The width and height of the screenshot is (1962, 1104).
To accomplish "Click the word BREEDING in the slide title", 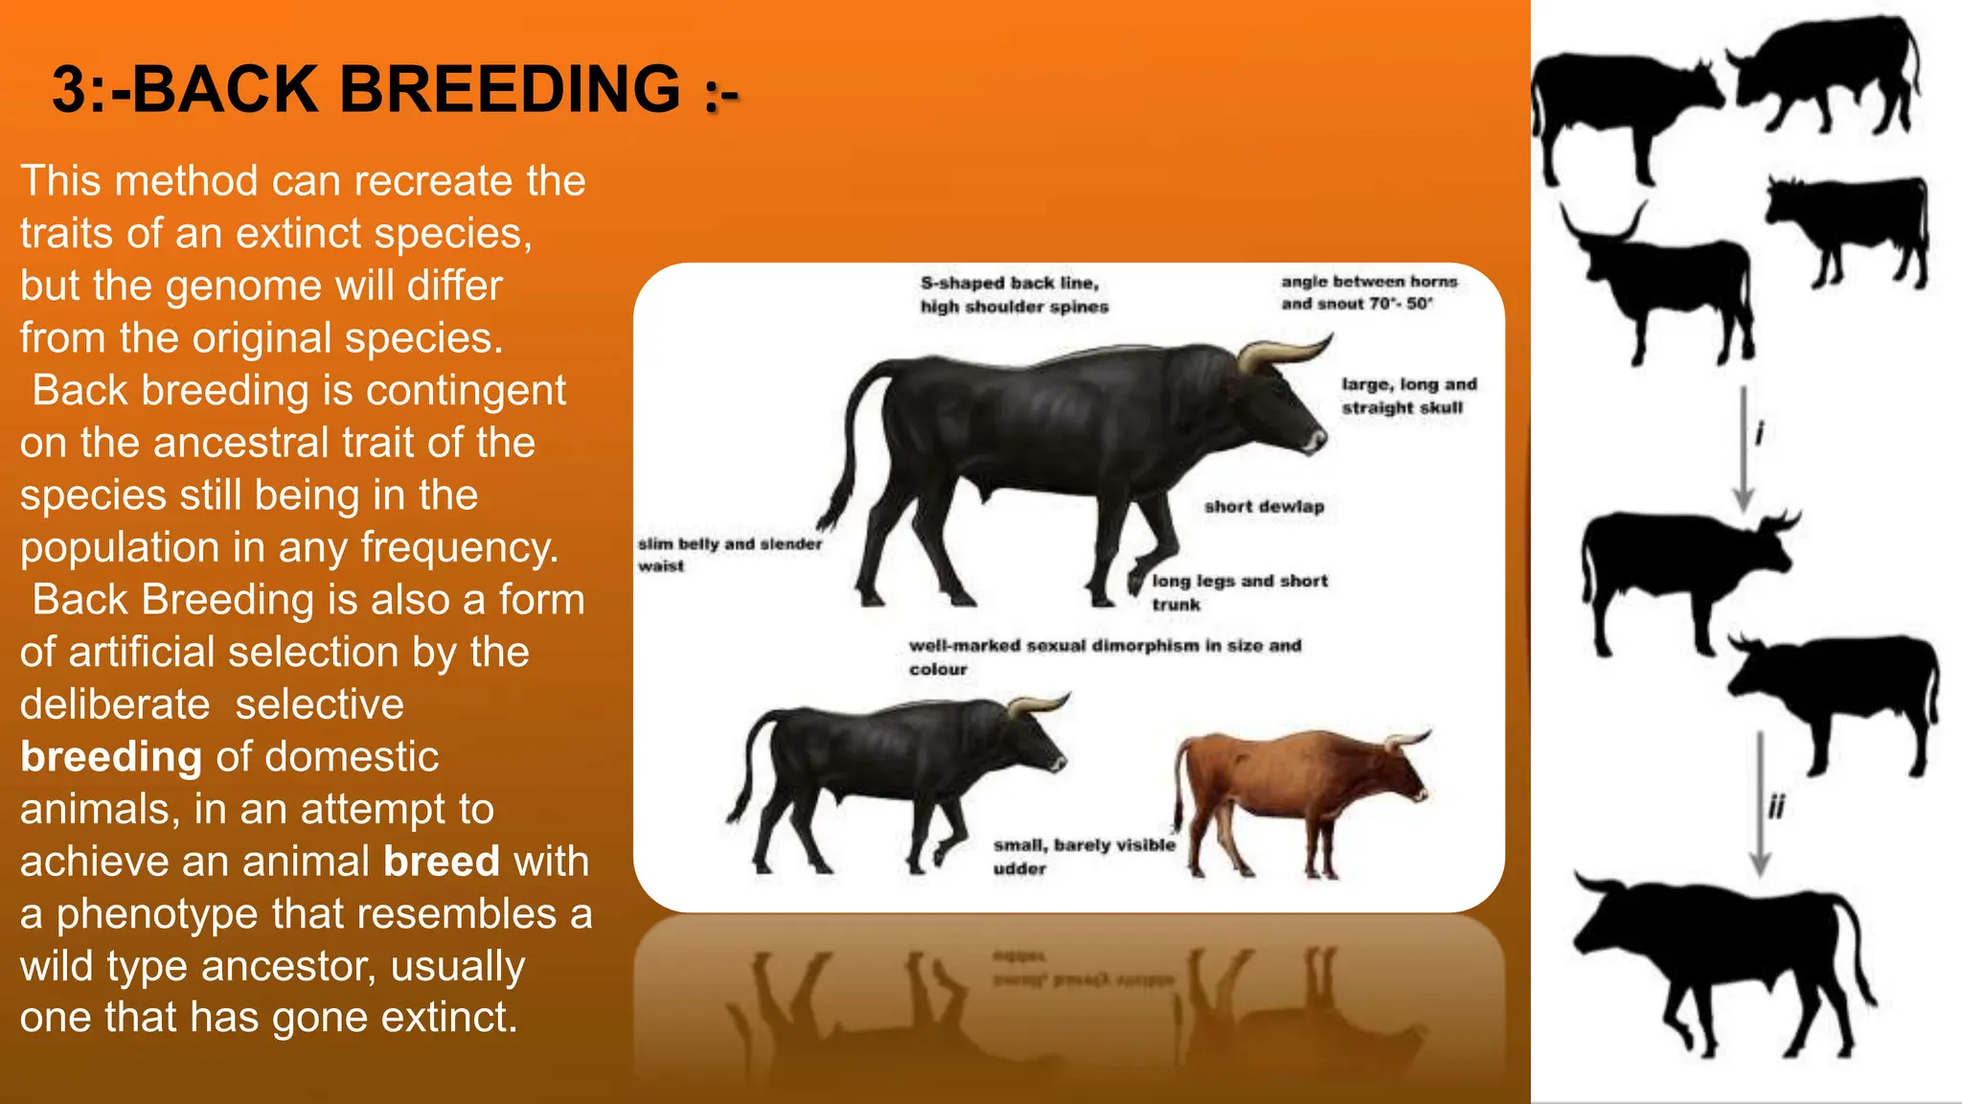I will [x=510, y=90].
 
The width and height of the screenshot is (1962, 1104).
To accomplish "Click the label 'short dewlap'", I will [x=1264, y=507].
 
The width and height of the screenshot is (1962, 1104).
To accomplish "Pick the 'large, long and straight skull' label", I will [x=1408, y=396].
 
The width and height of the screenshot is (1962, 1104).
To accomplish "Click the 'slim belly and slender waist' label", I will [x=729, y=555].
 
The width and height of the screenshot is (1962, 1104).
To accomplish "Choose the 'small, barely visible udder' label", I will [x=1083, y=856].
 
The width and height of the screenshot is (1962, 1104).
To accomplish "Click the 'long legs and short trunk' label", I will [x=1239, y=592].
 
